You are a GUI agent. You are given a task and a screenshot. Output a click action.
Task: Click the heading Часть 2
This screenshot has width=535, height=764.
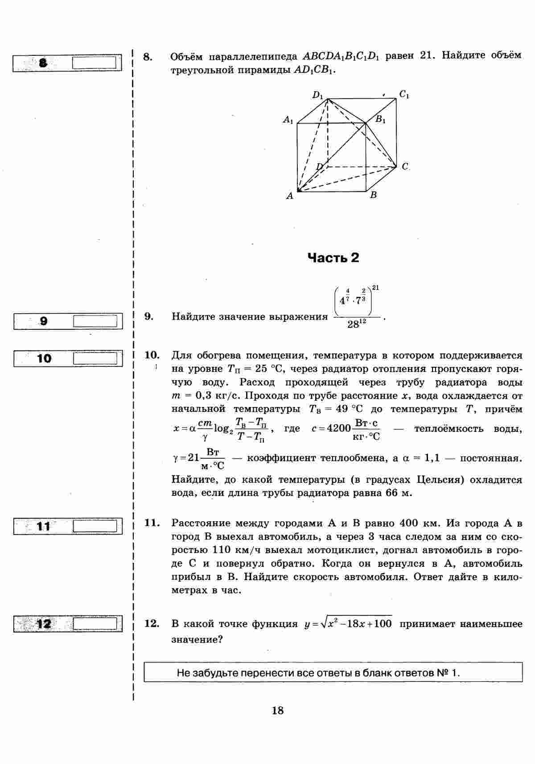click(333, 258)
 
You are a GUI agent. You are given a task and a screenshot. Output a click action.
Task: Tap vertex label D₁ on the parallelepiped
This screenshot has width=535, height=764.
click(317, 95)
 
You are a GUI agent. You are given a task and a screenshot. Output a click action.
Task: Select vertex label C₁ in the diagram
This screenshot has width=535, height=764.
click(404, 94)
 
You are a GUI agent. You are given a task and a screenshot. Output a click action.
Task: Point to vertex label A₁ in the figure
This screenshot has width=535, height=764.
click(288, 120)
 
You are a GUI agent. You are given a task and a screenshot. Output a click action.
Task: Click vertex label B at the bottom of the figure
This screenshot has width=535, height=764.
click(374, 195)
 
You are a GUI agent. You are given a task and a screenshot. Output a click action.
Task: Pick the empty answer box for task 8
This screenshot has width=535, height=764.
click(97, 62)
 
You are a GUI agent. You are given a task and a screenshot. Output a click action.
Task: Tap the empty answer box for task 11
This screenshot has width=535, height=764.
click(97, 526)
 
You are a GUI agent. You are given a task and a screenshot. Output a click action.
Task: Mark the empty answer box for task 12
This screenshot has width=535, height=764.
click(97, 623)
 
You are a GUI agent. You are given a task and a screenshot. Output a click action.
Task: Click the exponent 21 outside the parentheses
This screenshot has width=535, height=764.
click(375, 288)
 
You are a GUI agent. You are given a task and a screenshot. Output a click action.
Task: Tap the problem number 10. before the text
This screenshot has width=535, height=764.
click(152, 355)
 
